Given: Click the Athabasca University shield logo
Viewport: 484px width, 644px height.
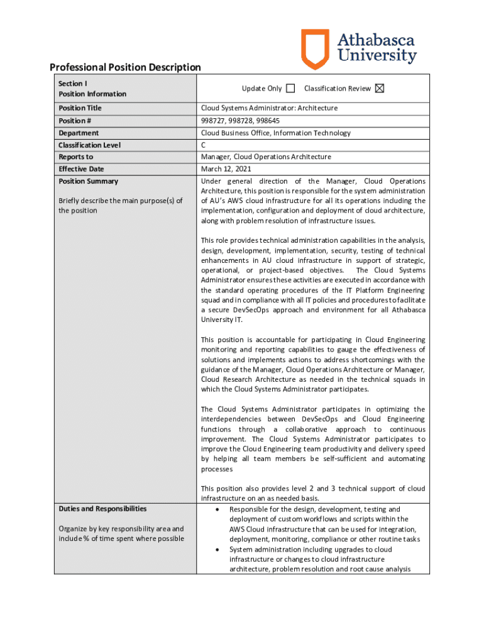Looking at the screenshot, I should pyautogui.click(x=315, y=48).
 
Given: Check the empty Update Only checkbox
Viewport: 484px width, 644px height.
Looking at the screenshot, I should pyautogui.click(x=290, y=89).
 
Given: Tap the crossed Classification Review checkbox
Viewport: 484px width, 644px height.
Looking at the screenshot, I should pyautogui.click(x=379, y=89).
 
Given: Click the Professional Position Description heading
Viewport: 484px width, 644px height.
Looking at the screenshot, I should pyautogui.click(x=125, y=67).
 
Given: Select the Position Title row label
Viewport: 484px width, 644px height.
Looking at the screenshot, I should pyautogui.click(x=80, y=108).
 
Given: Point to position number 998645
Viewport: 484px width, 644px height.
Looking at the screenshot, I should pyautogui.click(x=268, y=121).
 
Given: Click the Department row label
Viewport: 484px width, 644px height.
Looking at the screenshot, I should pyautogui.click(x=79, y=133).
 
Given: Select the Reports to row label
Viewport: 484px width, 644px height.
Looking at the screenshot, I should pyautogui.click(x=75, y=157).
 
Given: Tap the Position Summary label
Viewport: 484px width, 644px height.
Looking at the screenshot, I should pyautogui.click(x=88, y=181).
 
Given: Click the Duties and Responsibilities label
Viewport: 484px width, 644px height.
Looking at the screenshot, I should pyautogui.click(x=102, y=509).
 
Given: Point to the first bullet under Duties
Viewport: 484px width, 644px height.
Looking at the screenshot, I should pyautogui.click(x=217, y=509).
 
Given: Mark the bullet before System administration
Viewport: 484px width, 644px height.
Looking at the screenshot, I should pyautogui.click(x=217, y=549).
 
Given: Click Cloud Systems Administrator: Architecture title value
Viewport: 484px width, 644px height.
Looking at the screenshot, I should pyautogui.click(x=269, y=108).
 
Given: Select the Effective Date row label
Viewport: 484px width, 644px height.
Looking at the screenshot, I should pyautogui.click(x=81, y=169).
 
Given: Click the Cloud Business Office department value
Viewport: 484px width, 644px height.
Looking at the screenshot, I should pyautogui.click(x=276, y=133).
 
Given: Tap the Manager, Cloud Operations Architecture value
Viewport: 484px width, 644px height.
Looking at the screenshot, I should pyautogui.click(x=266, y=157).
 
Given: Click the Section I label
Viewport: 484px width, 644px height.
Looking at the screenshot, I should pyautogui.click(x=72, y=83).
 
